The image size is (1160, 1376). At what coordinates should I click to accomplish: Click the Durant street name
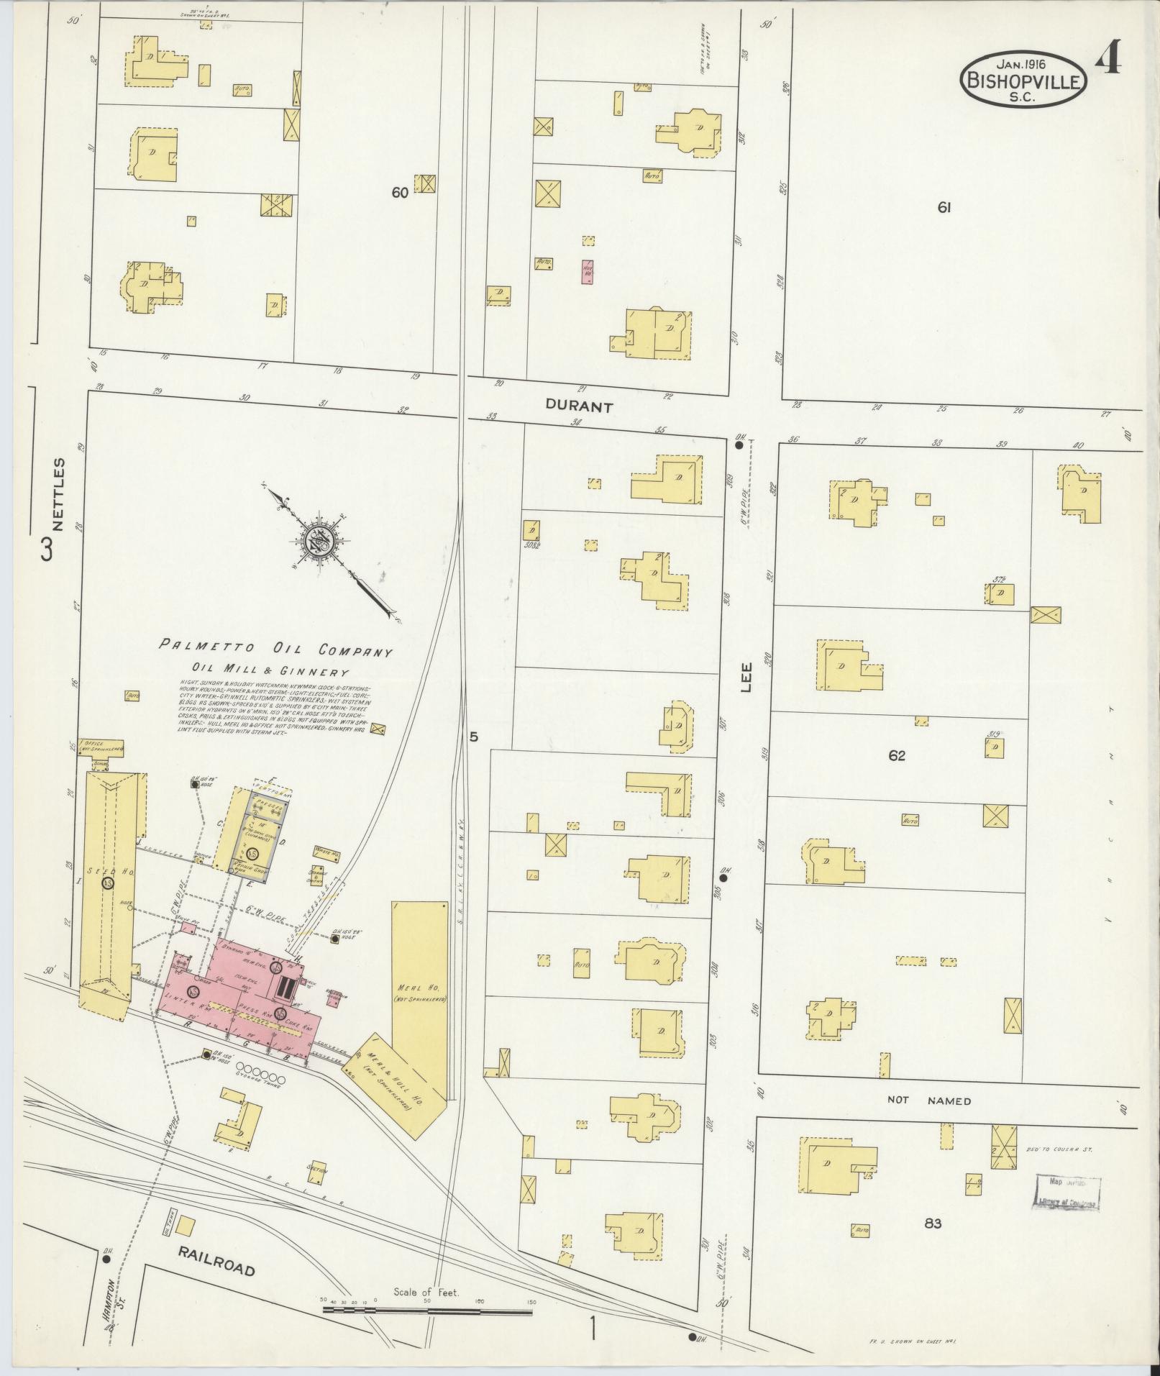click(578, 406)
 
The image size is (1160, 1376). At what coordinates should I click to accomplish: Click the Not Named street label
click(928, 1101)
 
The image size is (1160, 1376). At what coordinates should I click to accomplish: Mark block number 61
click(944, 207)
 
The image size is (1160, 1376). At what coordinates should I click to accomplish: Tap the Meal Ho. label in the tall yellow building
click(419, 985)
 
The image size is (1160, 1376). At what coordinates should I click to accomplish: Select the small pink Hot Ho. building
click(587, 272)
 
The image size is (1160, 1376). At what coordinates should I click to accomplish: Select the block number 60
click(400, 192)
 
